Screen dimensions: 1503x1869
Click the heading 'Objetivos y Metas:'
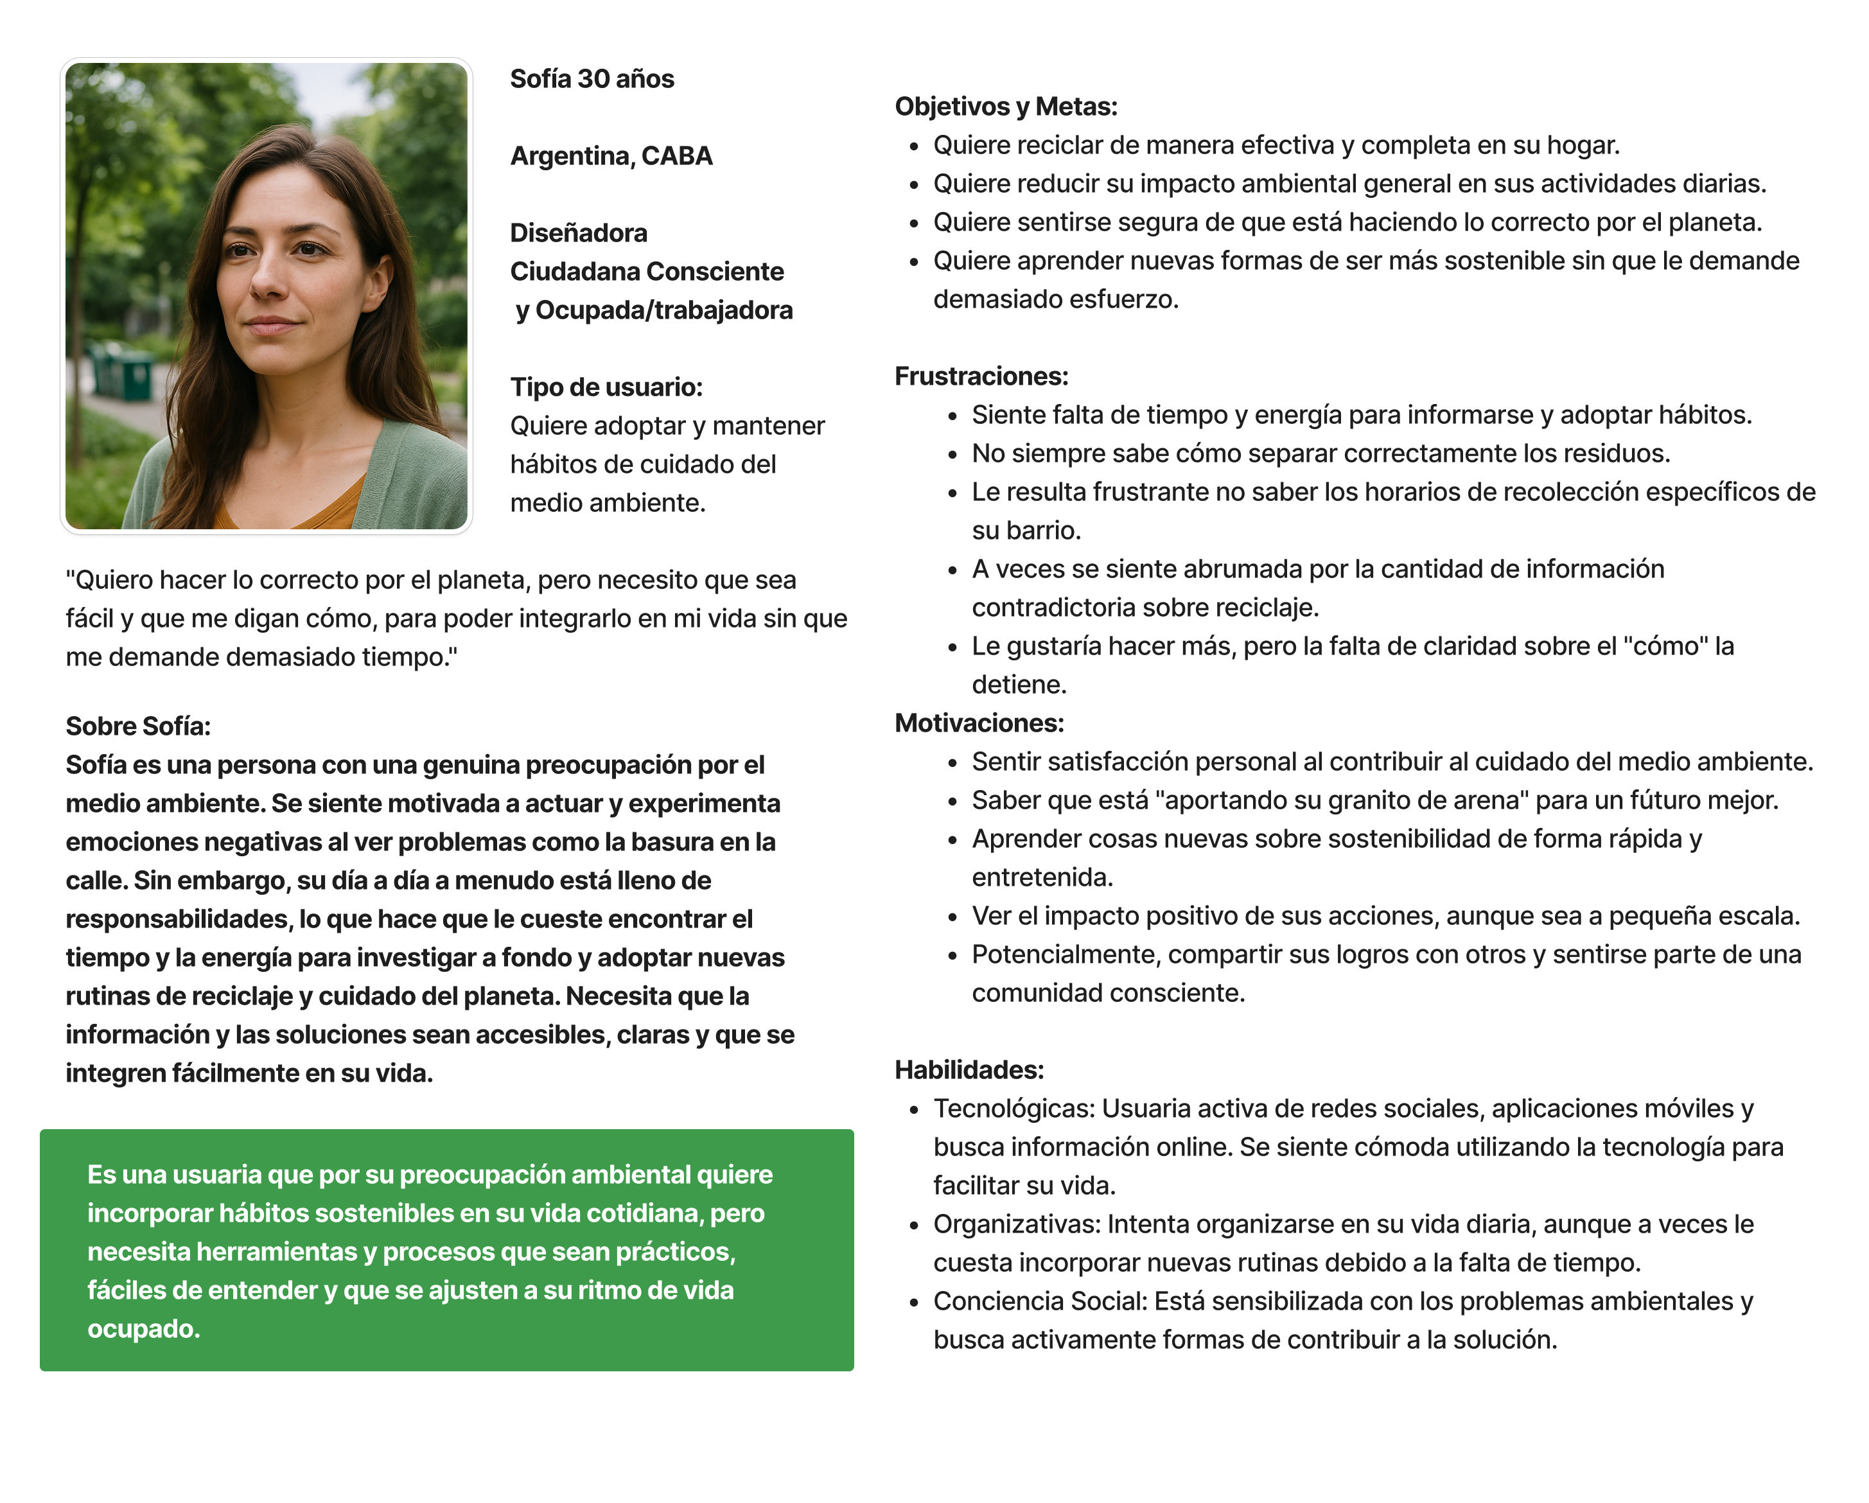pyautogui.click(x=1006, y=107)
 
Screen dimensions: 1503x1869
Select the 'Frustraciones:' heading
pyautogui.click(x=981, y=376)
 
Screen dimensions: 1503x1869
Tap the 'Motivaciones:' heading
pyautogui.click(x=979, y=723)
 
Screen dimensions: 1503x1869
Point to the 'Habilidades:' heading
pyautogui.click(x=969, y=1069)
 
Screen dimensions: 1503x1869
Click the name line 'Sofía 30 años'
pyautogui.click(x=592, y=79)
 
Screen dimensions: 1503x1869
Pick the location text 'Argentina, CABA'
pyautogui.click(x=611, y=156)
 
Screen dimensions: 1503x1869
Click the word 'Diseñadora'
pyautogui.click(x=578, y=233)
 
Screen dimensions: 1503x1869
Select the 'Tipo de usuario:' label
pyautogui.click(x=606, y=387)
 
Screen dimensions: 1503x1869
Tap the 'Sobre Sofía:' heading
pyautogui.click(x=138, y=726)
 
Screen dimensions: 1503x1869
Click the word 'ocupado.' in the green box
pyautogui.click(x=144, y=1329)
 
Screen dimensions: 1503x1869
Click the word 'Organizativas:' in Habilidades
pyautogui.click(x=1017, y=1224)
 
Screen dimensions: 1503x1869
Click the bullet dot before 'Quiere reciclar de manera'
pyautogui.click(x=914, y=146)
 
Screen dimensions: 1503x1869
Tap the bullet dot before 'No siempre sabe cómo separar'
pyautogui.click(x=952, y=454)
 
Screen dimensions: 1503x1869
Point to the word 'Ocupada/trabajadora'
pyautogui.click(x=664, y=310)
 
